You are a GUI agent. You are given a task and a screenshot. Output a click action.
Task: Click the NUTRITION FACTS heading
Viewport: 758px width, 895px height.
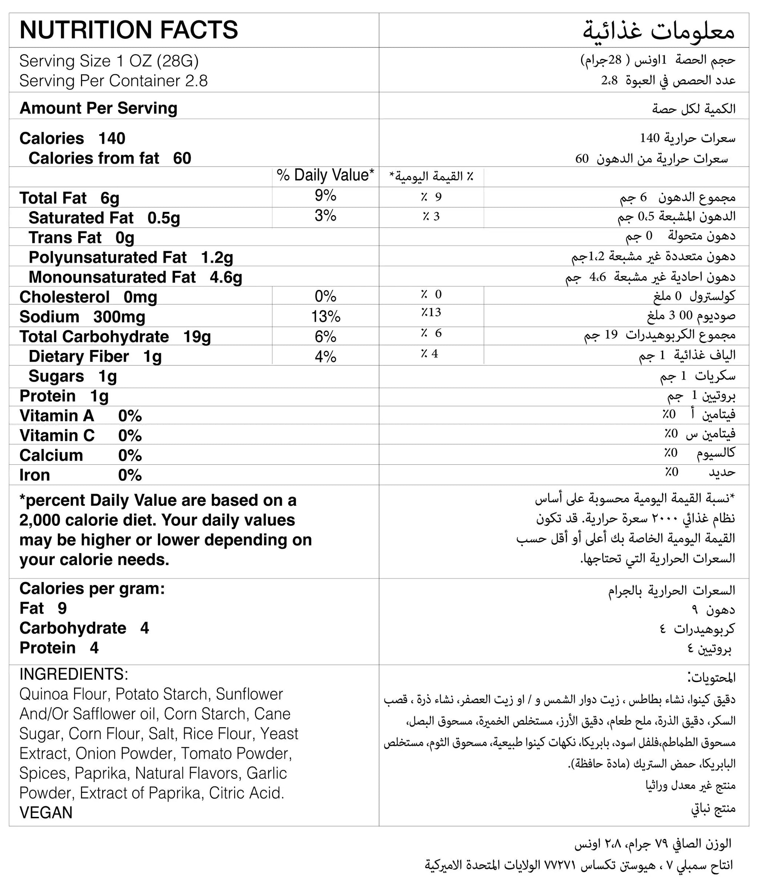coord(128,30)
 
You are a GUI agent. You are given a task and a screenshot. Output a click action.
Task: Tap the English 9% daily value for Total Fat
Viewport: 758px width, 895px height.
coord(325,196)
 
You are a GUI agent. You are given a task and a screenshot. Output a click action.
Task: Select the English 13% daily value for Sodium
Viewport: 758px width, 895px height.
coord(325,317)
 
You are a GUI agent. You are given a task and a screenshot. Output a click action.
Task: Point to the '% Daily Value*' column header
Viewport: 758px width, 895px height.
coord(325,176)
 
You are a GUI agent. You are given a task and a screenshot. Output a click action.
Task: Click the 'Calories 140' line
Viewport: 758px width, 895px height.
coord(72,138)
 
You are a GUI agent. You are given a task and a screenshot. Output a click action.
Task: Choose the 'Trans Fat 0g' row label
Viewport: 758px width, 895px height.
coord(81,238)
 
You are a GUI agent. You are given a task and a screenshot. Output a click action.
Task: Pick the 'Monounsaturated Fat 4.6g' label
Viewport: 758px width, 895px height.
coord(135,277)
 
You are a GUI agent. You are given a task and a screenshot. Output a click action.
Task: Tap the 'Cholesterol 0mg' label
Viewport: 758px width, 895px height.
coord(88,297)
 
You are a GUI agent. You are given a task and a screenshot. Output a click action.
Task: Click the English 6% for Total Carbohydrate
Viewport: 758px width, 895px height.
coord(325,337)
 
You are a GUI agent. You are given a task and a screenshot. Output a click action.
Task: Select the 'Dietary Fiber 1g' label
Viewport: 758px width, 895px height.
coord(95,356)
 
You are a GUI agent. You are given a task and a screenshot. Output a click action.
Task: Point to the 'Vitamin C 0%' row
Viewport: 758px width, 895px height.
coord(80,435)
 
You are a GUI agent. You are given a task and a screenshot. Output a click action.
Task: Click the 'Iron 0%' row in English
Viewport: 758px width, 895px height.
coord(80,475)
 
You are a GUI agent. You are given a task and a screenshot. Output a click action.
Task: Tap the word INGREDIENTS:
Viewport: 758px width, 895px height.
coord(74,674)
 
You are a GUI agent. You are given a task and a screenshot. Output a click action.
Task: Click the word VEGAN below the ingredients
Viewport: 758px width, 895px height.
coord(46,812)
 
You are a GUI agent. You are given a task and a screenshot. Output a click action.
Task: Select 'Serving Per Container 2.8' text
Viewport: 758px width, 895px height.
coord(114,81)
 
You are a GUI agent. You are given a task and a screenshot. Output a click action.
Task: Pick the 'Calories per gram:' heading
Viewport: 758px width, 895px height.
coord(92,588)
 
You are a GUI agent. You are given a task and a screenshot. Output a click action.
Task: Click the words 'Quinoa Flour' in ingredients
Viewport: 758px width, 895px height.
coord(65,694)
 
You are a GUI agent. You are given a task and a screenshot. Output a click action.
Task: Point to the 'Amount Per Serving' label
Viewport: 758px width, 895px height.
coord(98,108)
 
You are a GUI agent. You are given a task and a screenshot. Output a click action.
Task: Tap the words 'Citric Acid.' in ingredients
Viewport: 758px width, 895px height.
coord(246,793)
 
